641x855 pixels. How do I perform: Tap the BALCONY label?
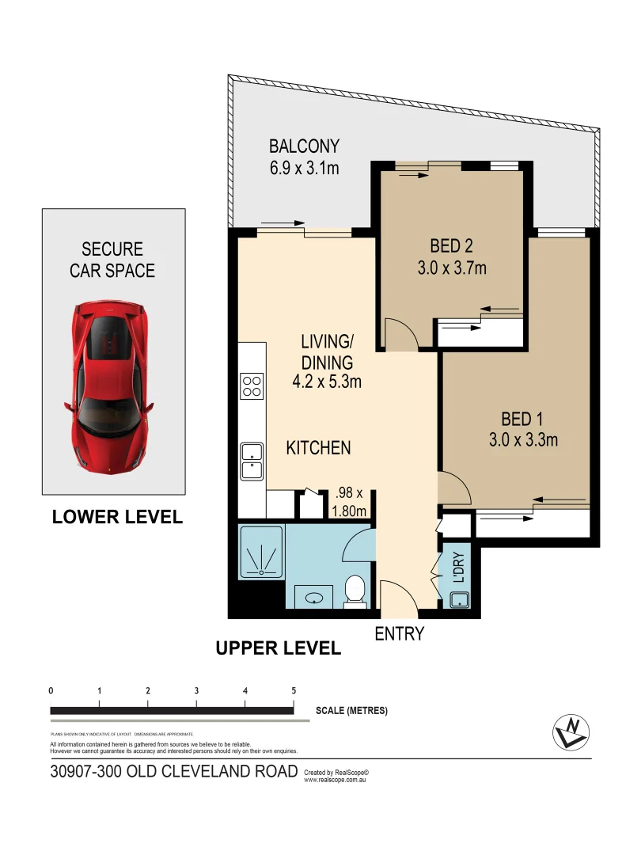click(x=304, y=146)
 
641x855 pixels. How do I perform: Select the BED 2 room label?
click(x=451, y=245)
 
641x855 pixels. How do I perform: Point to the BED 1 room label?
click(x=522, y=419)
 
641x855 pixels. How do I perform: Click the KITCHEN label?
click(x=318, y=448)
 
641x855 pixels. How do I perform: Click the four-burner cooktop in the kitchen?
click(x=252, y=386)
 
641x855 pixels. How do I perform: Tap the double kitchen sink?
click(x=252, y=462)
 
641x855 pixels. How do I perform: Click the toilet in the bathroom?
click(x=355, y=591)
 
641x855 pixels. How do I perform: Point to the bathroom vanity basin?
click(x=315, y=596)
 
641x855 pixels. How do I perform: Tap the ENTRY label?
click(x=400, y=633)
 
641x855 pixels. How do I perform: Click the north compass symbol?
click(x=571, y=731)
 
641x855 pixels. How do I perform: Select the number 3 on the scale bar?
click(x=196, y=690)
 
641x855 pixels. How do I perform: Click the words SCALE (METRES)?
click(x=351, y=710)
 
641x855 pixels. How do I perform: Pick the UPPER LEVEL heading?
click(x=279, y=648)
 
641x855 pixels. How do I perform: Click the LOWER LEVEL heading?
click(x=117, y=517)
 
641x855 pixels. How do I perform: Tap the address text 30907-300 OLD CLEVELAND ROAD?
click(x=173, y=772)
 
